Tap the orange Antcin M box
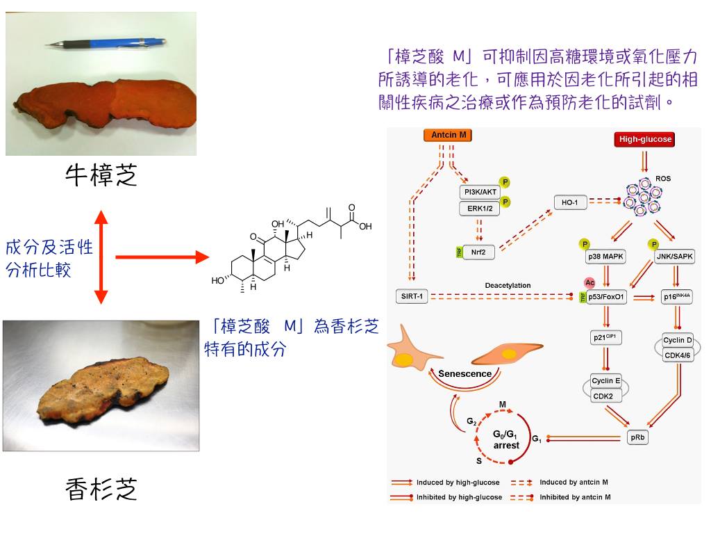tap(449, 135)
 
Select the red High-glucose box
tap(645, 139)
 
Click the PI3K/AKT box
tap(479, 192)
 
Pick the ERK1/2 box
tap(479, 209)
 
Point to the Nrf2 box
tap(479, 252)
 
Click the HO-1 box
tap(569, 202)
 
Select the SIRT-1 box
tap(410, 297)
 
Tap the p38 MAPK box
tap(605, 257)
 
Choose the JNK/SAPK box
tap(674, 257)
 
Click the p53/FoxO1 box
tap(607, 297)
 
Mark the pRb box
tap(637, 437)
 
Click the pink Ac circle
tap(589, 283)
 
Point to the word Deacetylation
tap(508, 285)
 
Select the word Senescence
tap(465, 374)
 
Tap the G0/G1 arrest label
tap(506, 440)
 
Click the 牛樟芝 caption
tap(101, 175)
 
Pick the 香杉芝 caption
tap(101, 489)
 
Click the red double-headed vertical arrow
tap(101, 257)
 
